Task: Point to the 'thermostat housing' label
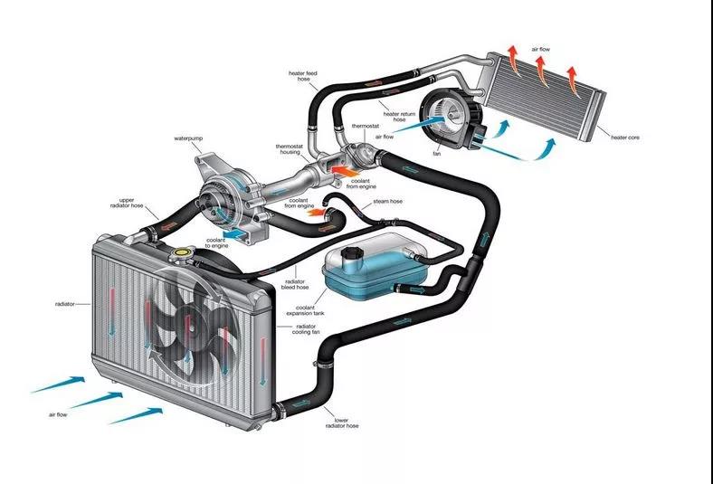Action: click(x=289, y=149)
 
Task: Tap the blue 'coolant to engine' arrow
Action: click(x=240, y=234)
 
